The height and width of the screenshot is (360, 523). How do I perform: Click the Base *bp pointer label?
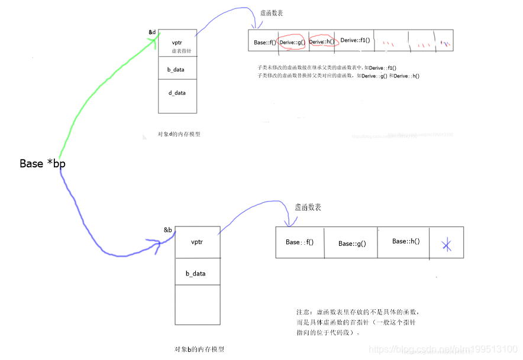pos(43,164)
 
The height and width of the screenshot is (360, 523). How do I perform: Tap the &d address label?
pos(153,31)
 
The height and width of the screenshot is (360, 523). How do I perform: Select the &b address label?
pos(168,229)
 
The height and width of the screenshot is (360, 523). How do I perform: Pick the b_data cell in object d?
pos(177,69)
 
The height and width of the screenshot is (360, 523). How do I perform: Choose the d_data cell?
pos(177,92)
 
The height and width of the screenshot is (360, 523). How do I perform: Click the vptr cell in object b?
pos(198,242)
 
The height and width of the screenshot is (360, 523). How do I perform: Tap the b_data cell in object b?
pos(195,274)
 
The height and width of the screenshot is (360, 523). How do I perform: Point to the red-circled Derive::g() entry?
pos(292,41)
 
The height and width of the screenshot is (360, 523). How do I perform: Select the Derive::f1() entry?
pos(355,40)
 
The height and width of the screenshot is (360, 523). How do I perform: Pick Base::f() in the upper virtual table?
pos(264,43)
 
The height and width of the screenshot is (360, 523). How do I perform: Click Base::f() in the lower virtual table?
pos(299,242)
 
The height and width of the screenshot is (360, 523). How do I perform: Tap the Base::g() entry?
pos(352,244)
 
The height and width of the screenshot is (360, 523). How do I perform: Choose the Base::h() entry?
pos(406,241)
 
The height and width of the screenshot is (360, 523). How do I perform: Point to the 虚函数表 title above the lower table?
pos(308,207)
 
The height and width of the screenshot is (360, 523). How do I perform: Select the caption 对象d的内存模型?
pos(179,134)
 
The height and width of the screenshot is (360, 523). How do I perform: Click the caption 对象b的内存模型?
pos(199,349)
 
